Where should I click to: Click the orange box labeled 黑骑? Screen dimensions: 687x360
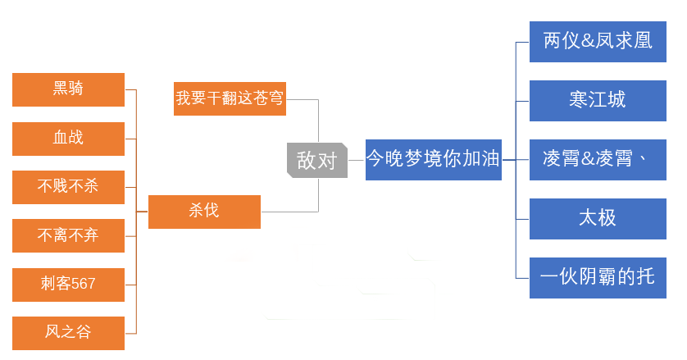click(x=68, y=89)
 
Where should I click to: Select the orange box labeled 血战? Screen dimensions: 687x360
click(x=68, y=139)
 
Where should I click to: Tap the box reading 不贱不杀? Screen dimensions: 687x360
click(x=68, y=187)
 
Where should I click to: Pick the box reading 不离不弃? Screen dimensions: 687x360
click(x=68, y=236)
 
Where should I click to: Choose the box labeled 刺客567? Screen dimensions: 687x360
click(x=68, y=285)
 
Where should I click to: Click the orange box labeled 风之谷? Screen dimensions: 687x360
click(x=68, y=333)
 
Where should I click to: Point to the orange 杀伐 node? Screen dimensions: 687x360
click(x=205, y=212)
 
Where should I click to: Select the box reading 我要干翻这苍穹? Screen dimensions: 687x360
click(x=230, y=98)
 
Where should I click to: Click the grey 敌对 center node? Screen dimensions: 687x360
click(x=317, y=160)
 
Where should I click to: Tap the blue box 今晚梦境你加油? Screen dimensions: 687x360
click(x=434, y=160)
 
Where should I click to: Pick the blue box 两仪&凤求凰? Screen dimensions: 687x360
click(x=598, y=42)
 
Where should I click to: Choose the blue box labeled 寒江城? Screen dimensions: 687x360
click(x=598, y=100)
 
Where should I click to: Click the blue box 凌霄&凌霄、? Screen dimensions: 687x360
click(x=598, y=160)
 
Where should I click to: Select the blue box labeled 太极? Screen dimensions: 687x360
click(x=598, y=219)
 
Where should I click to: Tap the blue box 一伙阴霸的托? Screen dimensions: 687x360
click(x=598, y=278)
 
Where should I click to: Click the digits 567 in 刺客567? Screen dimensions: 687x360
click(x=84, y=284)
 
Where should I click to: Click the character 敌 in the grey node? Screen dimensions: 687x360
click(x=307, y=160)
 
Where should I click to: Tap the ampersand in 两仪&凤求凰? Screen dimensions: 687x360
click(x=588, y=41)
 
